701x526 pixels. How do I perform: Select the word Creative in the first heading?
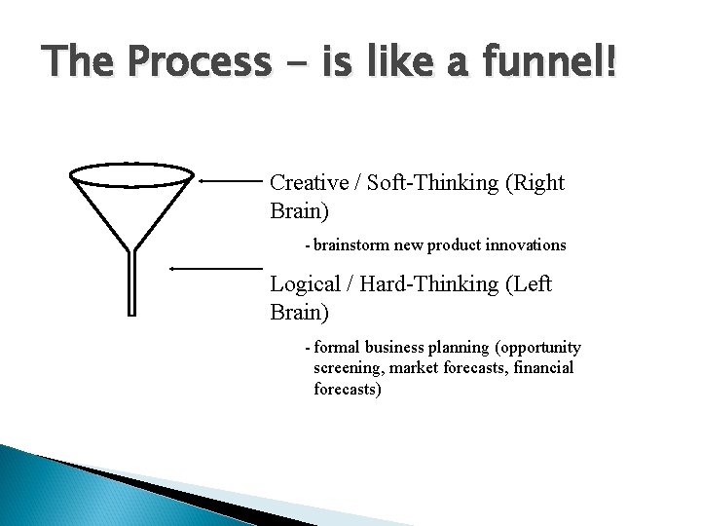pyautogui.click(x=306, y=182)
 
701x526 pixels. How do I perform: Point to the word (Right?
pyautogui.click(x=535, y=182)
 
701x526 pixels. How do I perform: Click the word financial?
pyautogui.click(x=539, y=368)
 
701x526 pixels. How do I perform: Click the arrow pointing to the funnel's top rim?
pyautogui.click(x=231, y=180)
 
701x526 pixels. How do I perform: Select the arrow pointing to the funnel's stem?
pyautogui.click(x=216, y=266)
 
